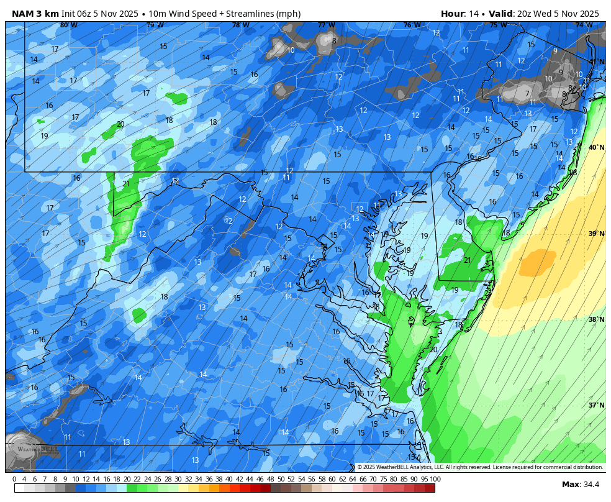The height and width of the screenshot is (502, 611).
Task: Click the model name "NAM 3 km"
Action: coord(35,14)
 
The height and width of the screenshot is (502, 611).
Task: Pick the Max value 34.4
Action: coord(589,485)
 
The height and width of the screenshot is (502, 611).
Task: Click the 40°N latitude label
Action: coord(596,148)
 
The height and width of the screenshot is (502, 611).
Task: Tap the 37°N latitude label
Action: coord(596,405)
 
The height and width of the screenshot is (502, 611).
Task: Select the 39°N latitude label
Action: coord(596,234)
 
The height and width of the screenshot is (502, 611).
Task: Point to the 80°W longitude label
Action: coord(69,25)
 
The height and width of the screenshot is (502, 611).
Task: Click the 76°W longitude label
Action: coord(411,25)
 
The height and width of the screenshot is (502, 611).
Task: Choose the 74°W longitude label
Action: coord(583,25)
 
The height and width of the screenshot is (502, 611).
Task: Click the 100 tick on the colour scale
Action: coord(435,479)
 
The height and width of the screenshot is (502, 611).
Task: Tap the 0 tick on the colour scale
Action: coord(14,479)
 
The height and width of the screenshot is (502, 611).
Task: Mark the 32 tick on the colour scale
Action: coord(188,479)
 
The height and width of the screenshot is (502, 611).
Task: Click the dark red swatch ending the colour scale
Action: coord(430,488)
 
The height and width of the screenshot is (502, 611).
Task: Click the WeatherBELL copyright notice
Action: coord(479,467)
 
